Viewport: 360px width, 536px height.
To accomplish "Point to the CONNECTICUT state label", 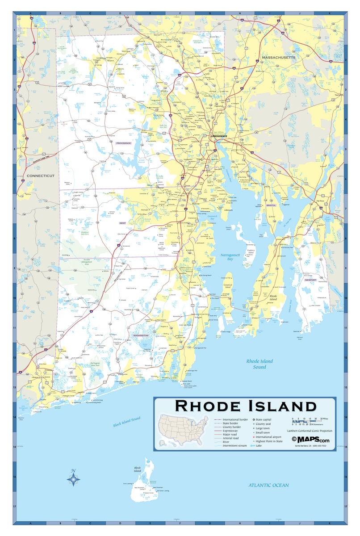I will (40, 176).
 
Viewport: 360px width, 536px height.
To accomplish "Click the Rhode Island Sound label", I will (260, 364).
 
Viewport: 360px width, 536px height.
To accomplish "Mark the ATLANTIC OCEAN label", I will (269, 485).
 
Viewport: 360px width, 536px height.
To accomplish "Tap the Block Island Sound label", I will (127, 421).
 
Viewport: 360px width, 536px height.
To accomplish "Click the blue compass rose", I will (73, 479).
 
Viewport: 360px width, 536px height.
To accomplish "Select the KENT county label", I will (122, 222).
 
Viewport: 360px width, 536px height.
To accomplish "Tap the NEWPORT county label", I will (310, 280).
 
